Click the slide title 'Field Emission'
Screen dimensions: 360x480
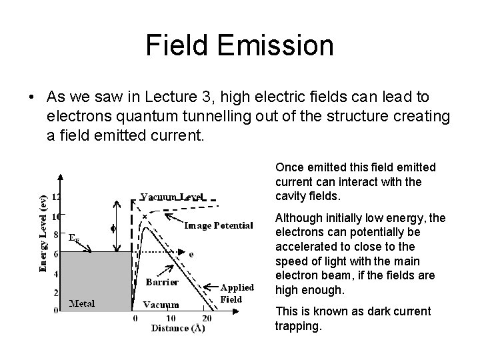click(x=240, y=45)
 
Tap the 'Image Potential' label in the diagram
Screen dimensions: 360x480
click(x=218, y=225)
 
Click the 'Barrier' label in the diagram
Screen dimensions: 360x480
click(x=162, y=282)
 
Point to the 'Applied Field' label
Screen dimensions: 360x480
click(x=237, y=293)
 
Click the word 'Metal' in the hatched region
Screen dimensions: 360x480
click(x=83, y=303)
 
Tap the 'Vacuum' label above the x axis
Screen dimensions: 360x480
click(x=161, y=305)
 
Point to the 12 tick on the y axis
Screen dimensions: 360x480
click(x=56, y=197)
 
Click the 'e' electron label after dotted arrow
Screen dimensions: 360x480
click(x=191, y=254)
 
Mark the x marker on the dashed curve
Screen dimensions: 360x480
click(x=145, y=217)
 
